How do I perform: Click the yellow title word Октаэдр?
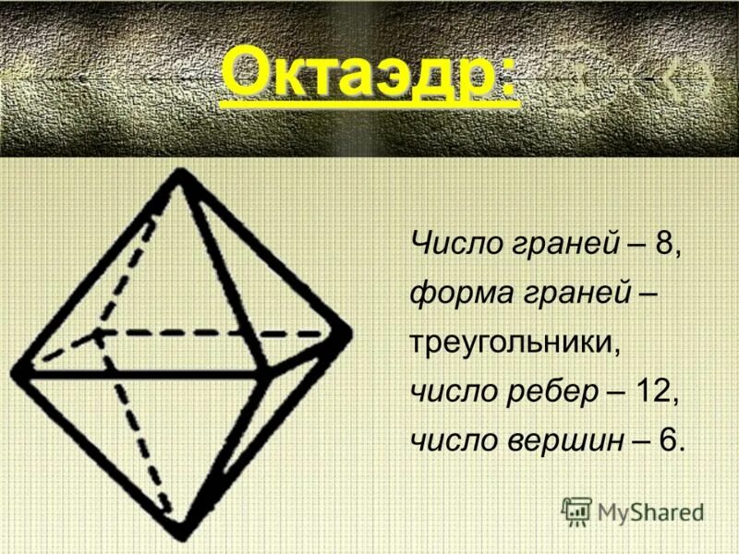coord(357,76)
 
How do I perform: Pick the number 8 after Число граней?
coord(664,244)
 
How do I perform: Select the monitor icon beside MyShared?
coord(576,511)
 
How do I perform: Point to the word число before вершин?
coord(452,440)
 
